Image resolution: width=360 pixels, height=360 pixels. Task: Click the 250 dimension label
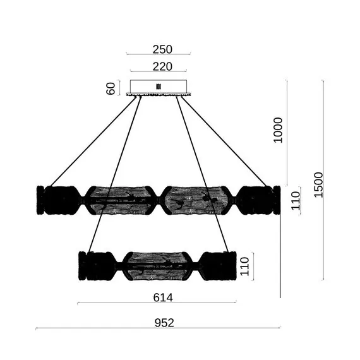[x=162, y=49]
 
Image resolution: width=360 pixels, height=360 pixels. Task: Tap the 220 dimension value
[x=162, y=66]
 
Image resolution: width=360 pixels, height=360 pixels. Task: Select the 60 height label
[x=111, y=88]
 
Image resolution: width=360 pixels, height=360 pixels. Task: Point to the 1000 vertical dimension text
[x=278, y=130]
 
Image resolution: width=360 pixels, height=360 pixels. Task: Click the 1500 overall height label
[x=318, y=184]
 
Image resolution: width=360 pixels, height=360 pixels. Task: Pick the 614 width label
[x=163, y=297]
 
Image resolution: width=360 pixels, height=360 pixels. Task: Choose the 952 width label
[x=164, y=323]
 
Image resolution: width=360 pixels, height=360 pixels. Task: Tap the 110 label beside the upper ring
[x=296, y=201]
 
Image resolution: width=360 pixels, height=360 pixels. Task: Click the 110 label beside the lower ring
[x=244, y=267]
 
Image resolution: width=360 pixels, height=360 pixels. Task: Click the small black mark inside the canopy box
[x=159, y=87]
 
